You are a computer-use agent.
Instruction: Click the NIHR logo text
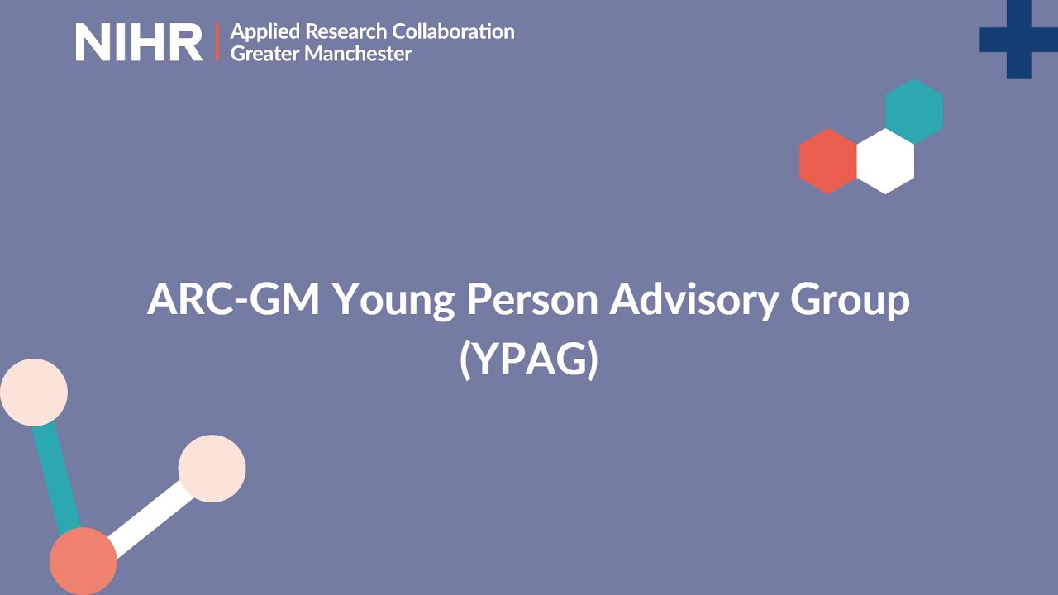pyautogui.click(x=139, y=42)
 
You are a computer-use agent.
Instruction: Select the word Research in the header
pyautogui.click(x=346, y=32)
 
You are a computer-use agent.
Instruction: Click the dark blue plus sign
pyautogui.click(x=1018, y=38)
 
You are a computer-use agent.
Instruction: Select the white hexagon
pyautogui.click(x=885, y=161)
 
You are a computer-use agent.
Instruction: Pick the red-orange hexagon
pyautogui.click(x=827, y=161)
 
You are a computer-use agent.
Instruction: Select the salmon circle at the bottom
pyautogui.click(x=83, y=561)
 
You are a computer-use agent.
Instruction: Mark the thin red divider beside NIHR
pyautogui.click(x=217, y=42)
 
